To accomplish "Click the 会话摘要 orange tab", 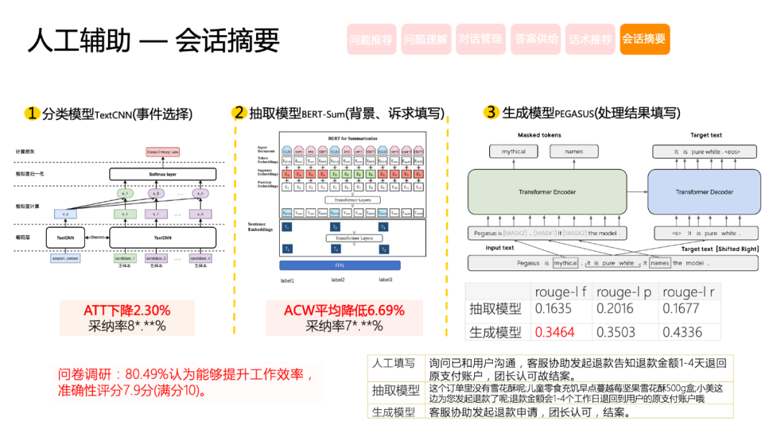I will (x=644, y=40).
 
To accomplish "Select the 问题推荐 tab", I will (x=371, y=40).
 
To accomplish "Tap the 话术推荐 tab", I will (x=590, y=40).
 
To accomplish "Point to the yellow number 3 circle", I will (x=491, y=112).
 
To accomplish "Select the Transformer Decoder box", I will (x=704, y=192).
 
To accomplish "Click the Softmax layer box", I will (x=163, y=174).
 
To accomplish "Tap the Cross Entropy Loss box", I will (x=163, y=152).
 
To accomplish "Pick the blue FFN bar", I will (x=340, y=265).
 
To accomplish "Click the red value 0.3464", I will (x=554, y=332).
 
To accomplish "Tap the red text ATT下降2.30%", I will (x=127, y=311).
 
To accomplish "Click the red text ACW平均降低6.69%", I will (x=344, y=311).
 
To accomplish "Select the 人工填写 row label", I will (x=394, y=364).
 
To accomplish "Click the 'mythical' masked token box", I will (x=514, y=151).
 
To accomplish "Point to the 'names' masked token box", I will (x=573, y=151).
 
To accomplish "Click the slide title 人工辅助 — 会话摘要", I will (x=153, y=41).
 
